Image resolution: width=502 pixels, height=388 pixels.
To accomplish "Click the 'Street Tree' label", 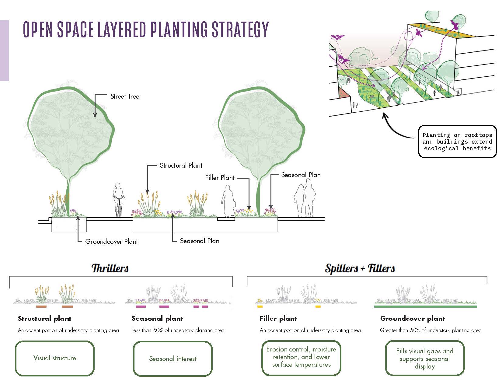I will [124, 96].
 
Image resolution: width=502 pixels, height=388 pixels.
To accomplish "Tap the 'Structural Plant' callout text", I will [181, 166].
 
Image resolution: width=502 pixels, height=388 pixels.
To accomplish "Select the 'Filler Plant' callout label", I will [220, 178].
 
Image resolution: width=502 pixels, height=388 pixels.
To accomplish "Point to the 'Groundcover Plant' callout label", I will [111, 242].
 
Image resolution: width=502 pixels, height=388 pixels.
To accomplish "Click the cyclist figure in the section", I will [119, 200].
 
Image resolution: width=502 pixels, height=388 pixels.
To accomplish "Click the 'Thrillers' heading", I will [110, 268].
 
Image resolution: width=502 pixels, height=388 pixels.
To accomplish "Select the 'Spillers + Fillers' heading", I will [360, 268].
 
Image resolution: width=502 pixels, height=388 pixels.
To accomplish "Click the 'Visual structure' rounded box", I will [55, 358].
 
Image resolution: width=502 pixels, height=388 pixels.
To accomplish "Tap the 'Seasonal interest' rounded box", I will [173, 358].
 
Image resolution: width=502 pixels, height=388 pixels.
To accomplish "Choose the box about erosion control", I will [301, 357].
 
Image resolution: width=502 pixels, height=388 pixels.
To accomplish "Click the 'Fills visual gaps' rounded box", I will [425, 358].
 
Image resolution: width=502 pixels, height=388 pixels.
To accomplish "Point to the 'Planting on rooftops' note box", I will [457, 142].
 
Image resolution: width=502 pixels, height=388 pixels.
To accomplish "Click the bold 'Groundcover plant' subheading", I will [413, 319].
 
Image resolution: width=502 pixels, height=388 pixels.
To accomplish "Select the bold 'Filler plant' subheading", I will [278, 319].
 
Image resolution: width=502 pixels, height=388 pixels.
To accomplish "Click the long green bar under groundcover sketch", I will [425, 307].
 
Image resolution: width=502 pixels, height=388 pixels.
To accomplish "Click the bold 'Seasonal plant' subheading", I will [157, 319].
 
